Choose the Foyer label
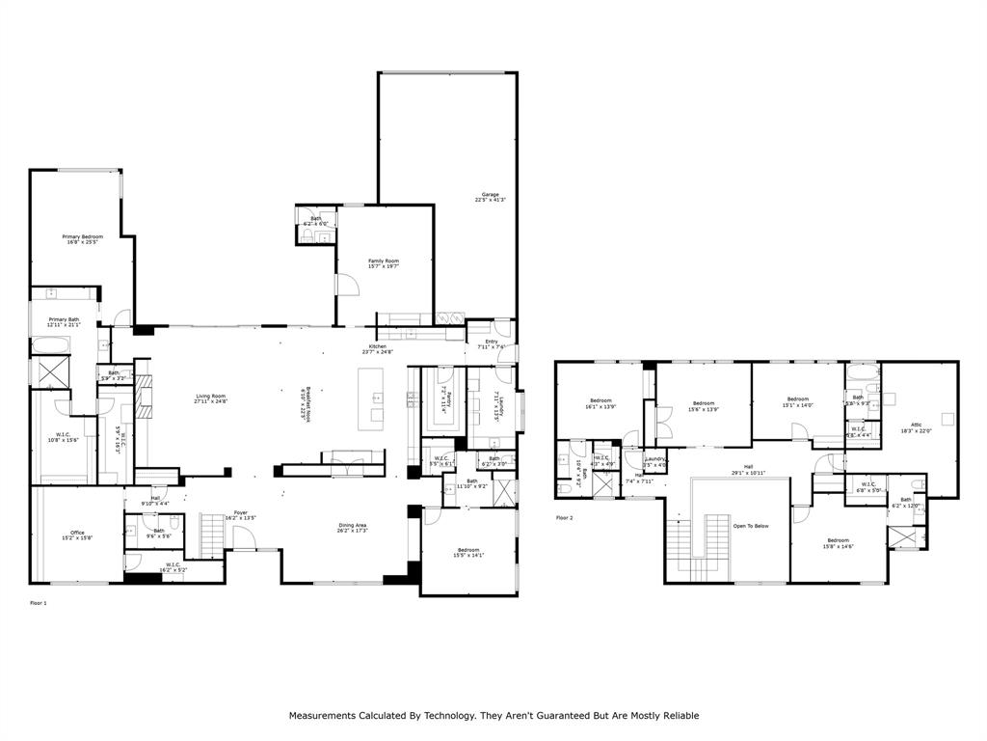[x=241, y=514]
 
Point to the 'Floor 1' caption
[x=39, y=602]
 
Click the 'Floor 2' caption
[x=564, y=518]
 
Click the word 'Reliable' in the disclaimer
[x=679, y=716]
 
